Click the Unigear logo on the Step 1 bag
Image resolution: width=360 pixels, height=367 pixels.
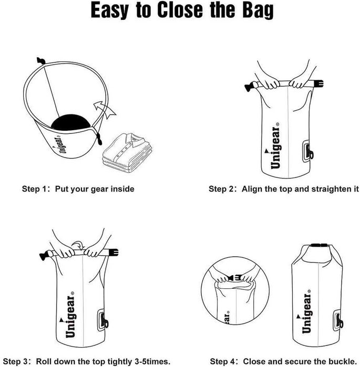61,142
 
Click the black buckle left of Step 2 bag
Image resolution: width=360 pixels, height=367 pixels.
250,86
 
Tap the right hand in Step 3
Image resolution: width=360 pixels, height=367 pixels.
96,250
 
